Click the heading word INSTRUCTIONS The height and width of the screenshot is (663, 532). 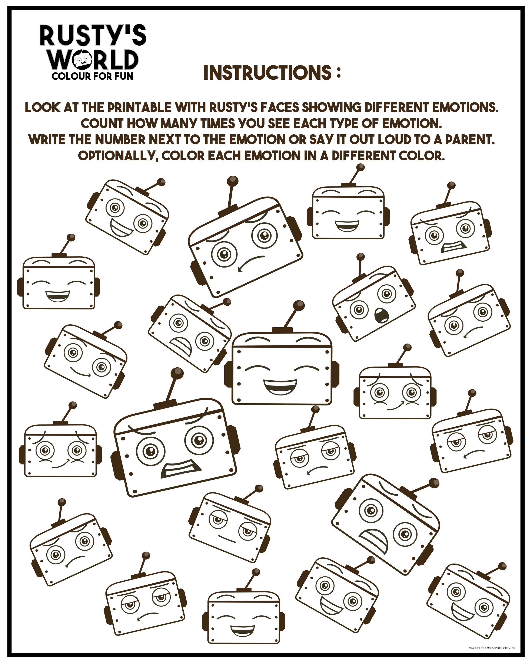(267, 73)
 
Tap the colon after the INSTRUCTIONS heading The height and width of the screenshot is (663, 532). (338, 73)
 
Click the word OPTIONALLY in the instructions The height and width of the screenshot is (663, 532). (118, 156)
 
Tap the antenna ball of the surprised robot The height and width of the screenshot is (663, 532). (361, 256)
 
